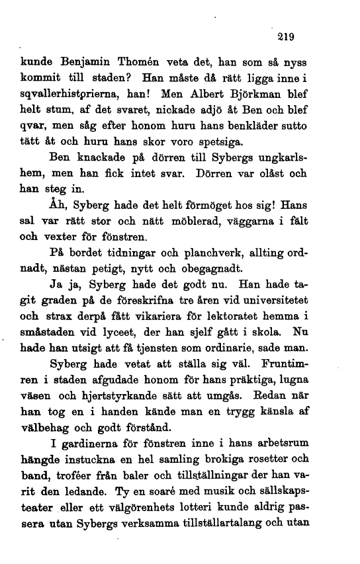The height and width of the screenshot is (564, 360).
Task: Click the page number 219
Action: (286, 36)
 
